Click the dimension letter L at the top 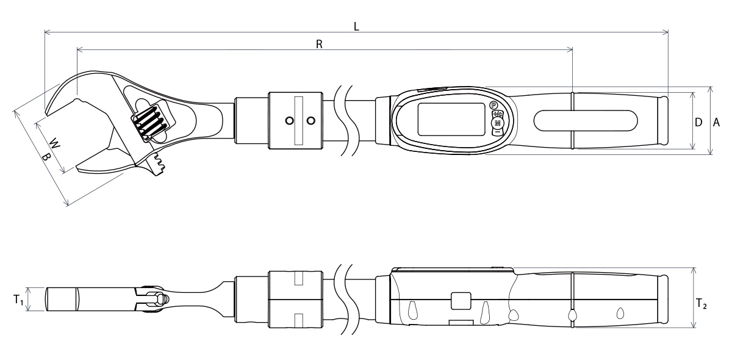(357, 26)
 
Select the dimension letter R (319, 44)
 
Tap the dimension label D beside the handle (698, 122)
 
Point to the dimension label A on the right (717, 122)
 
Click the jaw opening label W (54, 145)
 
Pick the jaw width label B (45, 157)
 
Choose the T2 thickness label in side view (701, 303)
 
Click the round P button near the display (494, 106)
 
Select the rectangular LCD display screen (451, 120)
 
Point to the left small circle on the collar (289, 121)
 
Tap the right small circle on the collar (311, 121)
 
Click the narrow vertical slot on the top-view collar (298, 121)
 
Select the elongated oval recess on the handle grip (586, 120)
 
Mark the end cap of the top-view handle (663, 121)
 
